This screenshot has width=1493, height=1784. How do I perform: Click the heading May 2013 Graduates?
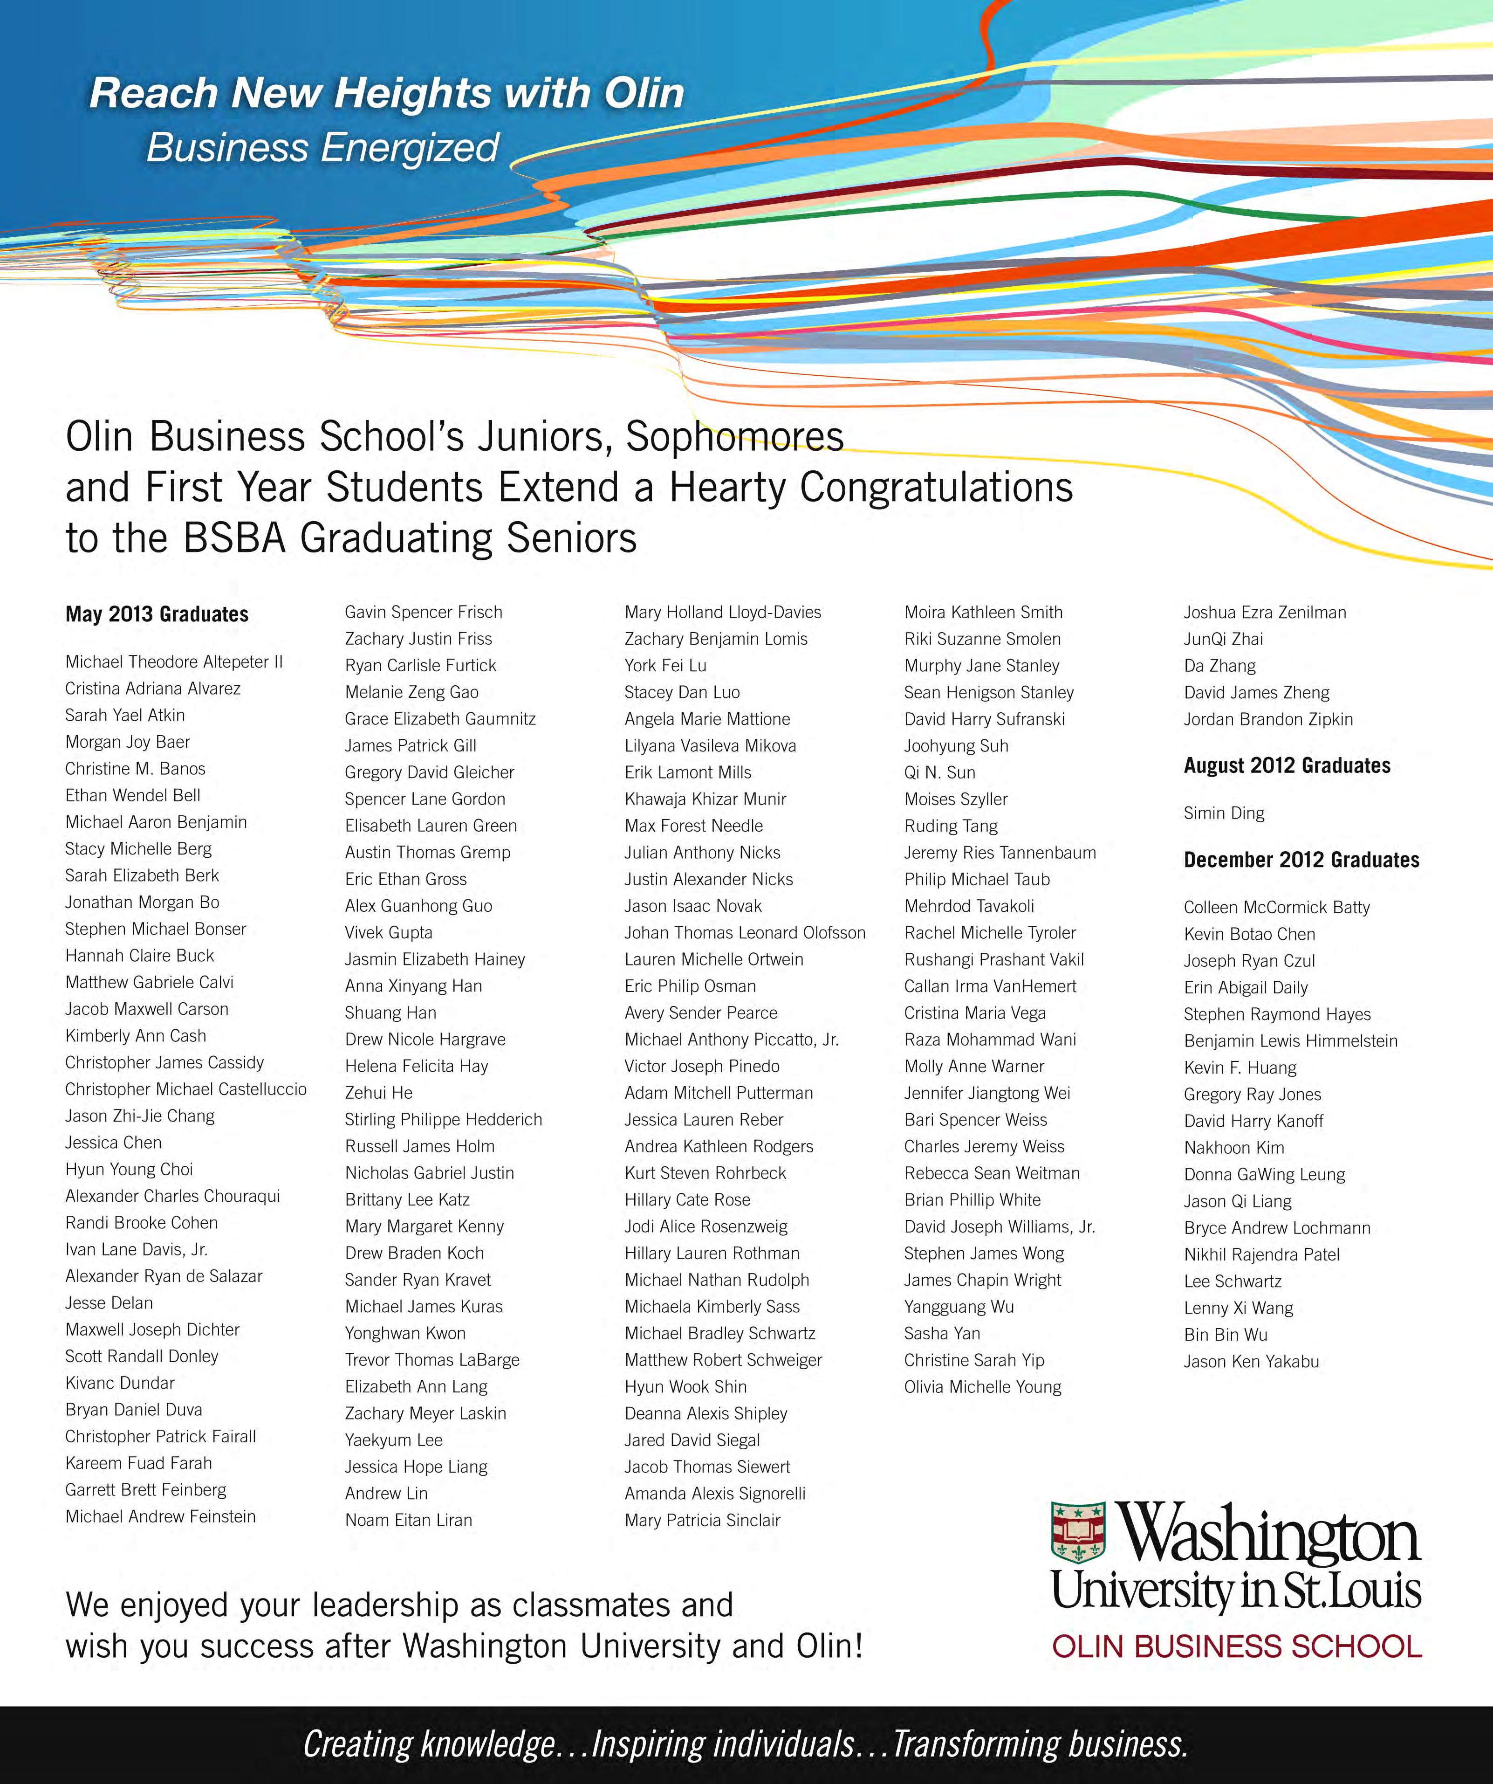coord(157,614)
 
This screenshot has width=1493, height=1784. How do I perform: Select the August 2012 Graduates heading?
coord(1287,765)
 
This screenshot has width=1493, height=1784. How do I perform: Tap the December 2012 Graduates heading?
coord(1301,860)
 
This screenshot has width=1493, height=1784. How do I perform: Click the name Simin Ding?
coord(1224,813)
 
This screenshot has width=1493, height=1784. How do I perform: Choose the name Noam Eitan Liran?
coord(409,1520)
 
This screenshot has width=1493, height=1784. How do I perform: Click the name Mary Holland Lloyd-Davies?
coord(723,612)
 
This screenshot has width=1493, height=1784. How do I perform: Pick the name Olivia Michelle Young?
coord(983,1386)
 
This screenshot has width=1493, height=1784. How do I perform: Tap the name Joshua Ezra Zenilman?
coord(1265,612)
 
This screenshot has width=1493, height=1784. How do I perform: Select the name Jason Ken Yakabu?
coord(1251,1361)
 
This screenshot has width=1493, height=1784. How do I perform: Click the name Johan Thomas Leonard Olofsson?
coord(745,932)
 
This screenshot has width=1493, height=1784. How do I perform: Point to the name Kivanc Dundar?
coord(120,1382)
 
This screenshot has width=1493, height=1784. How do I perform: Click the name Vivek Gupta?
coord(388,932)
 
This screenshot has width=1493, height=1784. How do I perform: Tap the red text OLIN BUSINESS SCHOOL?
coord(1237,1646)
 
